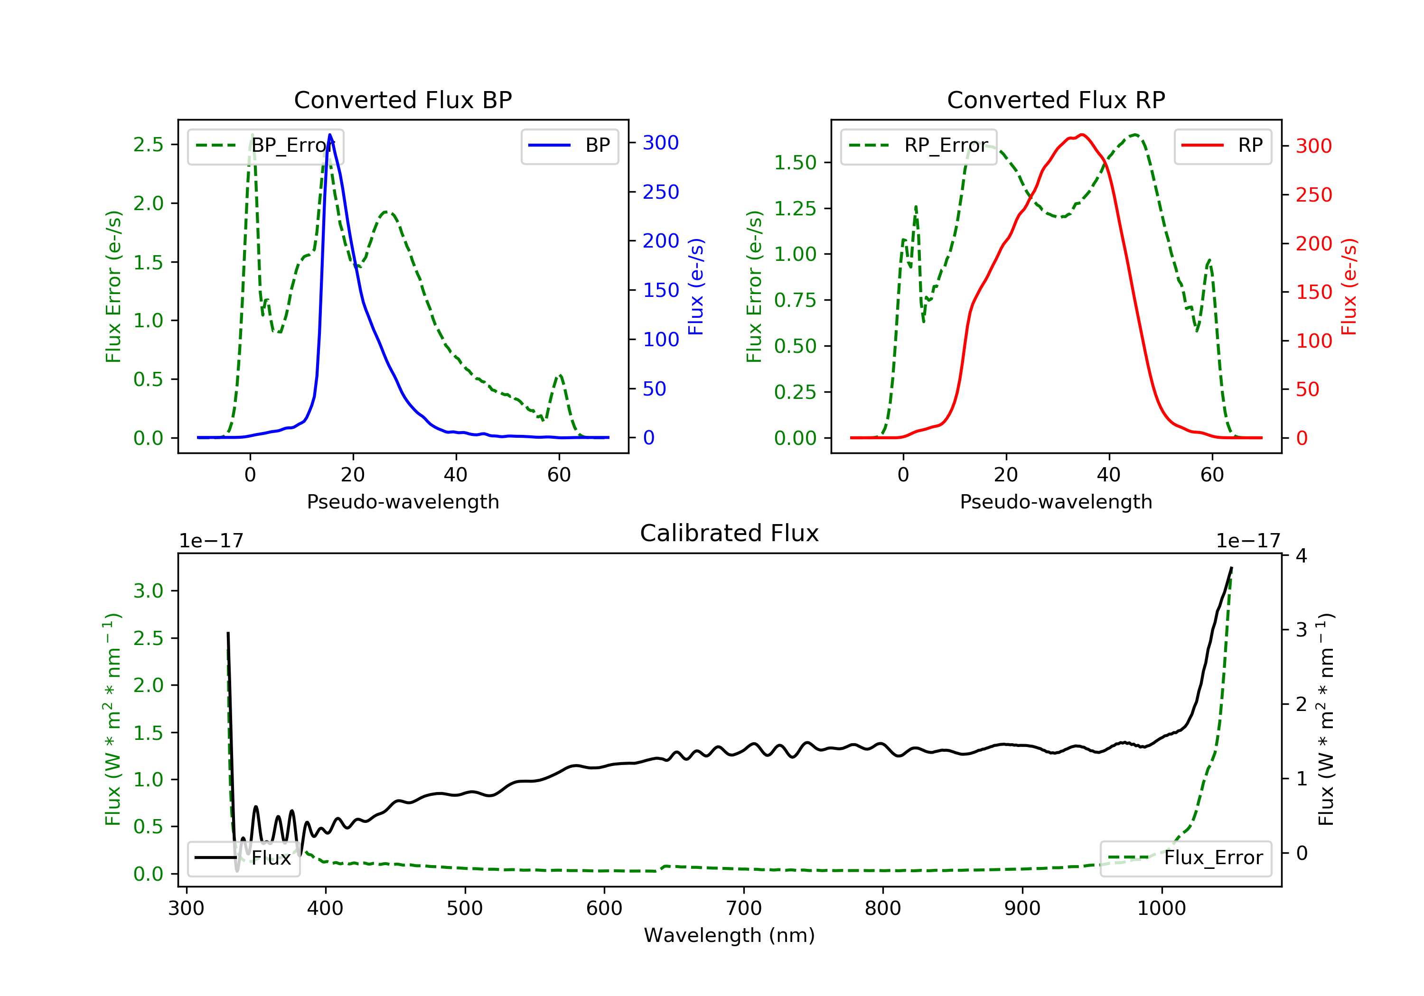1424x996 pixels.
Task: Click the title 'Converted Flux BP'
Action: [403, 100]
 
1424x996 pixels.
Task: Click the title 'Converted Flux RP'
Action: [1056, 100]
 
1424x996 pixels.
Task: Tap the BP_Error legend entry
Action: [265, 146]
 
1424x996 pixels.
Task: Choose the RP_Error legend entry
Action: [918, 146]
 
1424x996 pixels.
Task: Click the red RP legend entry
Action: [1222, 146]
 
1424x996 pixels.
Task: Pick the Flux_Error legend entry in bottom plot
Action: [1185, 858]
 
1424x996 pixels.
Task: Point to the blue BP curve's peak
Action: [330, 135]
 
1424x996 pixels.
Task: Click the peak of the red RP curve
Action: [1082, 135]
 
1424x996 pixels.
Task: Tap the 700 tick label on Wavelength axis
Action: [743, 909]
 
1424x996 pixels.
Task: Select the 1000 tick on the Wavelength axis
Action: [1162, 909]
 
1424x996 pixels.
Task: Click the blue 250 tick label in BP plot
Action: [661, 192]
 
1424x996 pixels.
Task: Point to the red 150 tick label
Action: [1313, 292]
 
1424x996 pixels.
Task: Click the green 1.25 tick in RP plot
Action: [795, 208]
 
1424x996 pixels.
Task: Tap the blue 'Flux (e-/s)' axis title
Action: [696, 287]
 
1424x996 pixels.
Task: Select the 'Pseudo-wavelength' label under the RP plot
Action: [1056, 501]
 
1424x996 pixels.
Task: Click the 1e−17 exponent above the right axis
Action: [1248, 541]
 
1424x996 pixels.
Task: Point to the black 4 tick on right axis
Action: [1301, 556]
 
